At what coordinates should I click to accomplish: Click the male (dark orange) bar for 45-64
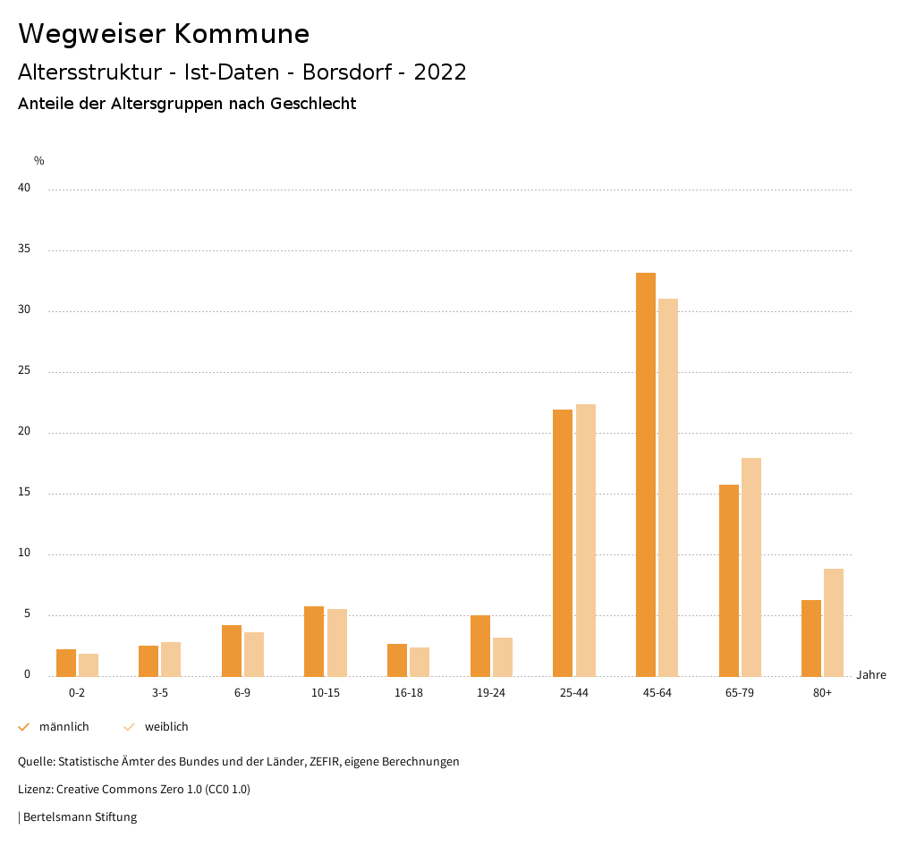click(x=645, y=474)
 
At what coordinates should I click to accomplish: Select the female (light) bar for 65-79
click(x=751, y=567)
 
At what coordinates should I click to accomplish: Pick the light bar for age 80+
click(x=834, y=622)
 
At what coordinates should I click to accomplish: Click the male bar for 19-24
click(x=479, y=646)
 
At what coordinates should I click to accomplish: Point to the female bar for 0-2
click(x=89, y=664)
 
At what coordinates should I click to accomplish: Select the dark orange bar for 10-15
click(x=314, y=641)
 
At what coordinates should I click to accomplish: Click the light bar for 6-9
click(x=254, y=654)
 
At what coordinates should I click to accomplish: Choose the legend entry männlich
click(x=64, y=727)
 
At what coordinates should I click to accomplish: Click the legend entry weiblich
click(x=166, y=727)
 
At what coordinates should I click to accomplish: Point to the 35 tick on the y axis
click(x=24, y=250)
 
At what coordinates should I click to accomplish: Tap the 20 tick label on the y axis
click(x=24, y=432)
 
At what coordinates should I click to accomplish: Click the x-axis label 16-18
click(x=408, y=693)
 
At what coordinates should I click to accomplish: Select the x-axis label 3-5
click(x=159, y=693)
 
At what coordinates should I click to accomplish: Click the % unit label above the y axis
click(x=39, y=161)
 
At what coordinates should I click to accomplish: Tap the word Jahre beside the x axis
click(x=870, y=675)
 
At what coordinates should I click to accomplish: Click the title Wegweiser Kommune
click(x=164, y=34)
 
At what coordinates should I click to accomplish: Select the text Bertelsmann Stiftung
click(x=80, y=817)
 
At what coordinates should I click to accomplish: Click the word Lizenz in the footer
click(x=35, y=790)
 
